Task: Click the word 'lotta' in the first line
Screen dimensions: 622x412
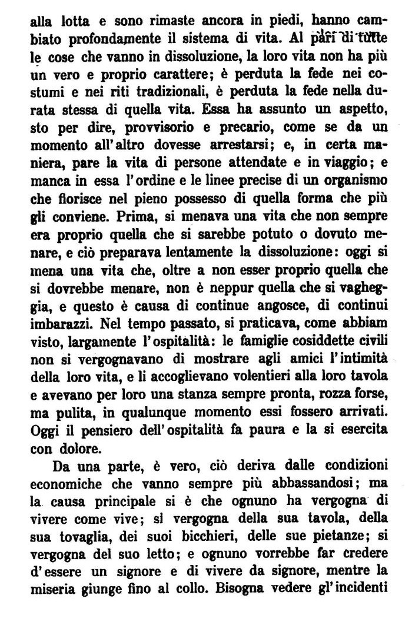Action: [71, 21]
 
